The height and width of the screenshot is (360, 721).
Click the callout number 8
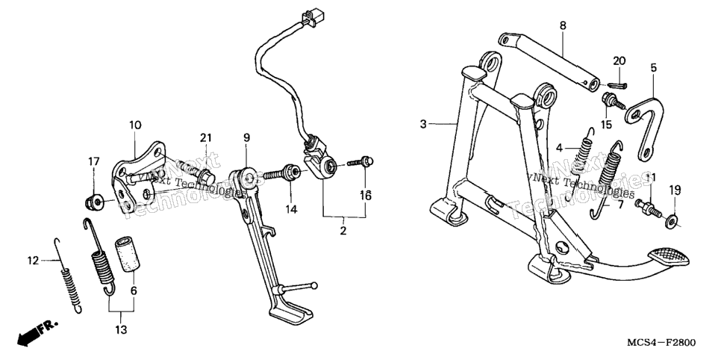(563, 26)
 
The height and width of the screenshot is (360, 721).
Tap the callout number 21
(206, 137)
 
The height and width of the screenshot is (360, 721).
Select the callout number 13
(122, 329)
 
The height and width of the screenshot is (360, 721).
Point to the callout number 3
(423, 124)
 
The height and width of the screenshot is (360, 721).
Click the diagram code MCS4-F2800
(662, 343)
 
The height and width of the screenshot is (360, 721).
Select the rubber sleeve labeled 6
(128, 255)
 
